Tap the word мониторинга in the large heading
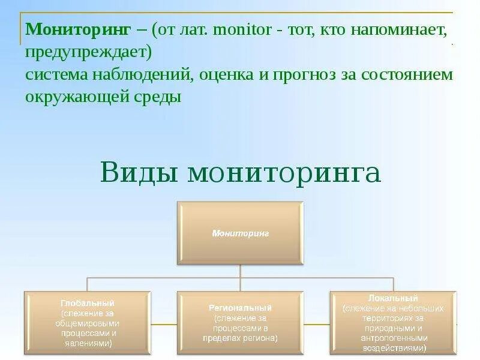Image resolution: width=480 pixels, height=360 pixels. pos(284,172)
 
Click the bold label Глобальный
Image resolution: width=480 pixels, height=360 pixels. pos(87,303)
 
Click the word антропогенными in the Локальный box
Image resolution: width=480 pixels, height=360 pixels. pos(393,338)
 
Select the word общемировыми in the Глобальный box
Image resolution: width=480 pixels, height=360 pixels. pos(87,323)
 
